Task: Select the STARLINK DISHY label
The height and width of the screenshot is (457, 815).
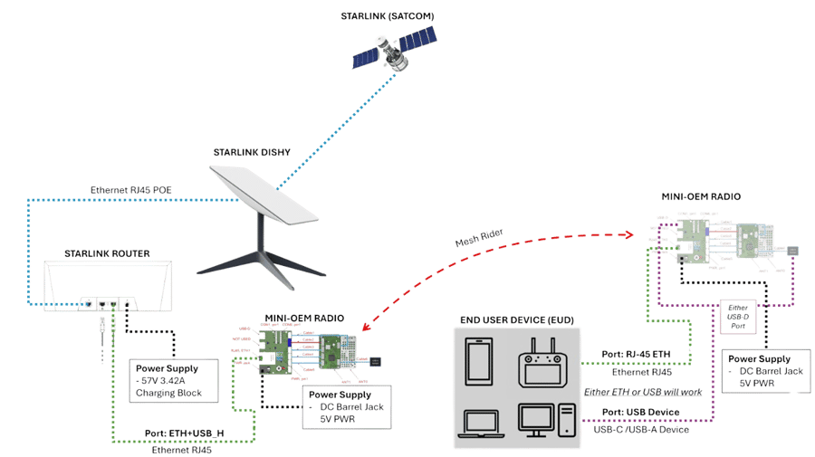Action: tap(252, 152)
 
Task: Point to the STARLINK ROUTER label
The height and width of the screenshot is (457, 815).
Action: tap(107, 253)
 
